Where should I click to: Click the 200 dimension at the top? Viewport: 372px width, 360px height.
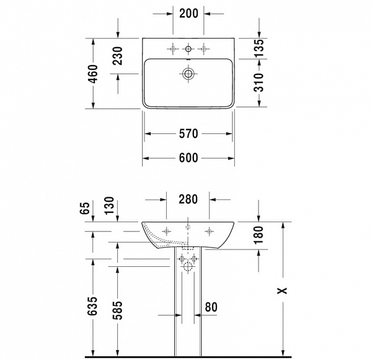188,12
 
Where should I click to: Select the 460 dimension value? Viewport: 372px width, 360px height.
93,74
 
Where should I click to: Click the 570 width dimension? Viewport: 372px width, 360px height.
188,133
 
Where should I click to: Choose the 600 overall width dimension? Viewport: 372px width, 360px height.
188,158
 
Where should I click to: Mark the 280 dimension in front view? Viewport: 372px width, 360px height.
188,200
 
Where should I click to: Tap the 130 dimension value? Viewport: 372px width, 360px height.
117,205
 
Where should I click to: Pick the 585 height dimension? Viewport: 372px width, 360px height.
117,308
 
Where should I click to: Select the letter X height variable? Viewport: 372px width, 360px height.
284,290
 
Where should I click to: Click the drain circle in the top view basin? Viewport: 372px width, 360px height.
188,74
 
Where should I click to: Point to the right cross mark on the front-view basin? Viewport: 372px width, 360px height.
210,232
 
